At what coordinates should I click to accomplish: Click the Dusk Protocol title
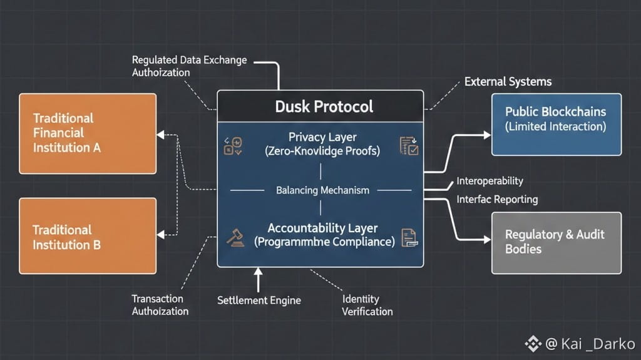click(x=324, y=106)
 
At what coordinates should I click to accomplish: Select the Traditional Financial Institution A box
click(x=88, y=133)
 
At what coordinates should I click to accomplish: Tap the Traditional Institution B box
click(x=88, y=237)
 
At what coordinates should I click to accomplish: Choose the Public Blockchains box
click(x=556, y=124)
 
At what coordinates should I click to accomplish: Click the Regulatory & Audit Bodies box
click(x=556, y=242)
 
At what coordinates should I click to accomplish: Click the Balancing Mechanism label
click(x=322, y=190)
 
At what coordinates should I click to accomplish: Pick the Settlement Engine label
click(x=259, y=301)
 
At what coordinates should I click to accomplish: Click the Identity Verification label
click(x=367, y=306)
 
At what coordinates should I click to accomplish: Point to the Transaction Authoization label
click(x=160, y=305)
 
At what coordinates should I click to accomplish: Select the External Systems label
click(x=508, y=82)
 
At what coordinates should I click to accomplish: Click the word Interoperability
click(x=490, y=182)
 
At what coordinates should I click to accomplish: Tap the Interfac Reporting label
click(x=497, y=200)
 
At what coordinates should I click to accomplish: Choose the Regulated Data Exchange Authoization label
click(x=189, y=66)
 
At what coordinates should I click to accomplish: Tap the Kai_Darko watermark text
click(x=590, y=344)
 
